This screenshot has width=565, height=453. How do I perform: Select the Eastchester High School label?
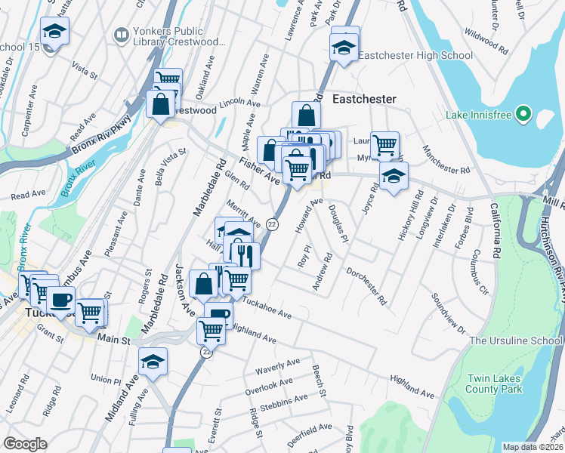pos(415,55)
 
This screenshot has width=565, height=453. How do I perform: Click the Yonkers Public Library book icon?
pos(120,35)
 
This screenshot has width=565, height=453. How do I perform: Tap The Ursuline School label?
pos(515,341)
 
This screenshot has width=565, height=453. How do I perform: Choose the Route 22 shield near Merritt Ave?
pos(273,225)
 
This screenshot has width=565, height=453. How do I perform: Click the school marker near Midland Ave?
pos(153,362)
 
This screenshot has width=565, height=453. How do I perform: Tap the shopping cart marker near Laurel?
pos(385,143)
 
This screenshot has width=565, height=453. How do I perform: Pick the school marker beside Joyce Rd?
pos(393,177)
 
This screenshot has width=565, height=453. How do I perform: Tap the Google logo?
pos(26,443)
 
